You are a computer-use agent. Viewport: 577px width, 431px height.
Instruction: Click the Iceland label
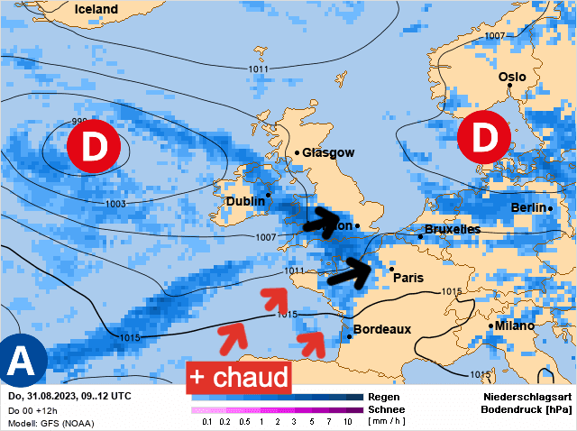tap(96, 9)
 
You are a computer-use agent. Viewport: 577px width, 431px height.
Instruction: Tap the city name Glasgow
tap(328, 153)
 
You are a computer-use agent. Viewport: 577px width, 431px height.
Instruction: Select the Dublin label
tap(245, 201)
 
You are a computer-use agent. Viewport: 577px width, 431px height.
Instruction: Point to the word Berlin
tap(529, 207)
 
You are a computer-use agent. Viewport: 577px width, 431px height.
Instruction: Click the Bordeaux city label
tap(382, 329)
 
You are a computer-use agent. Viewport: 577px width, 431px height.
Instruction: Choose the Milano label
tap(513, 325)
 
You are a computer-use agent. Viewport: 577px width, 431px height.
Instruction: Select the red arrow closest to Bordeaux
tap(313, 341)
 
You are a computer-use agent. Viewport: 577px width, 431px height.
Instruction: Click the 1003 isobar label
tap(115, 205)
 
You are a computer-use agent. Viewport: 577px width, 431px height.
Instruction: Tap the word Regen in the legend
tap(385, 397)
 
